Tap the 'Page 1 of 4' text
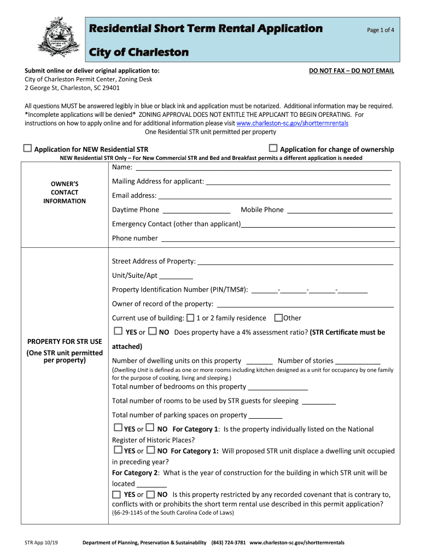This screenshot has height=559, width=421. coord(381,30)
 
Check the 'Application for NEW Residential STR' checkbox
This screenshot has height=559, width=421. coord(27,148)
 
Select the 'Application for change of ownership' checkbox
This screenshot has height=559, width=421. coord(273,148)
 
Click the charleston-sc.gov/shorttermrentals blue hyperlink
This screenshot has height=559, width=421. coord(292,123)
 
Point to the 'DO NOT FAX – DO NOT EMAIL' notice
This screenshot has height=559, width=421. coord(352,71)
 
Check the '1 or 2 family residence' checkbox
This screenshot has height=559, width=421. coord(190,318)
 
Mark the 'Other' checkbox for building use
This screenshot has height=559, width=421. coord(278,318)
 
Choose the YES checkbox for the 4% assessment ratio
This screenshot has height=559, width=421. coord(118,331)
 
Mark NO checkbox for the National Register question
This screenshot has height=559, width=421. coord(150,428)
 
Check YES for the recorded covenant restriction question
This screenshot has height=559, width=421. coord(116,494)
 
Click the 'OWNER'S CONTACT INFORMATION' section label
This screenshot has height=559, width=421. coord(65,192)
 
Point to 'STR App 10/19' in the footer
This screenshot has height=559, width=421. coord(41,543)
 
